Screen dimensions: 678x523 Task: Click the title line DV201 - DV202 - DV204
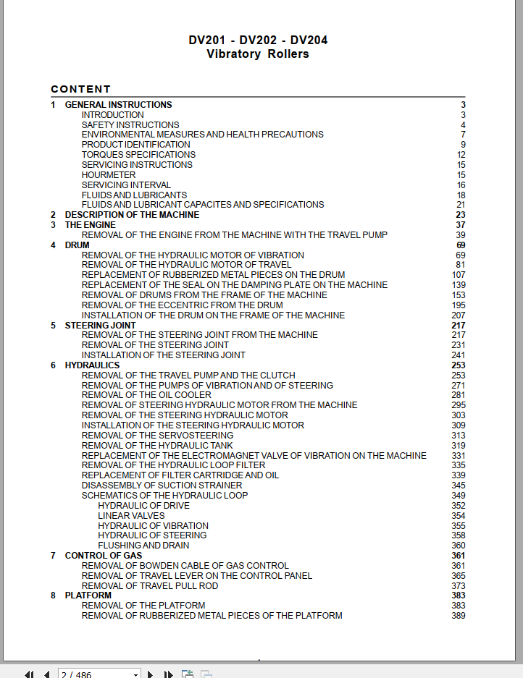[258, 40]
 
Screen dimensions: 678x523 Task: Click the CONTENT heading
[80, 89]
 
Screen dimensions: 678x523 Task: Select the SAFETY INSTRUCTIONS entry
[130, 124]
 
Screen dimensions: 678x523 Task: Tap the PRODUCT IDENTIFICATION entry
[135, 145]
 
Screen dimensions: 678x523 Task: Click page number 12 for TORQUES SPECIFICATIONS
[461, 155]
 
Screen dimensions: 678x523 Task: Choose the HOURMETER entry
[108, 175]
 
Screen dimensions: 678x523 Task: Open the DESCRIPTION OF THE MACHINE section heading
[132, 215]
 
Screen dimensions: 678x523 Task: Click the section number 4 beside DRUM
[53, 245]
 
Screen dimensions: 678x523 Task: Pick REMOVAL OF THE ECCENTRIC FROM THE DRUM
[182, 305]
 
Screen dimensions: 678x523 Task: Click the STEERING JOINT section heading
[100, 326]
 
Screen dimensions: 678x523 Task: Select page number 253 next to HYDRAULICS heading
[458, 365]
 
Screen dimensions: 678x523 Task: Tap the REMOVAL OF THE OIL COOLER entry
[146, 395]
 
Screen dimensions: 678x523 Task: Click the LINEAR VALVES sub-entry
[131, 516]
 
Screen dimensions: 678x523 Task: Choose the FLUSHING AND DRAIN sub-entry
[143, 546]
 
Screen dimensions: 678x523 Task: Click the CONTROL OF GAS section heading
[103, 556]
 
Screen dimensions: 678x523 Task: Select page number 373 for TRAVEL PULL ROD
[458, 586]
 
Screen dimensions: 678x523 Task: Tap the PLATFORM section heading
[88, 596]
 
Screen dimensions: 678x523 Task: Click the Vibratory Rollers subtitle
[258, 54]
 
